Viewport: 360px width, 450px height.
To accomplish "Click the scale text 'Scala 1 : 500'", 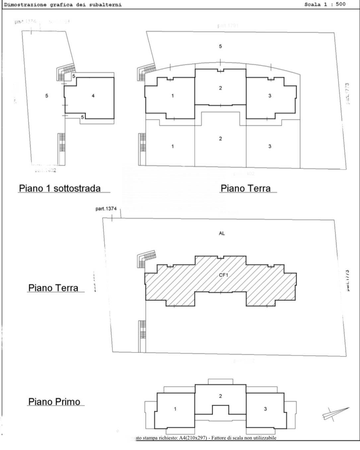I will coord(324,4).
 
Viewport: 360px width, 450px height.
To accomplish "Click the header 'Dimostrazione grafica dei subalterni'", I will coord(63,5).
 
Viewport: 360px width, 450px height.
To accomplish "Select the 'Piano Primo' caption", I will coord(54,402).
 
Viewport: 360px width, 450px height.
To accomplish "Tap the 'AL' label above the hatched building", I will coord(222,233).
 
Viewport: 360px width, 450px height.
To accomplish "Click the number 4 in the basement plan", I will coord(93,96).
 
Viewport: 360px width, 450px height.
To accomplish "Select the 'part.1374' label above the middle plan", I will coord(106,209).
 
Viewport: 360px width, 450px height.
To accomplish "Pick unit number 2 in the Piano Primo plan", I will coord(220,396).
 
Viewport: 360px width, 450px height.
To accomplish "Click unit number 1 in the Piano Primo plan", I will coord(175,409).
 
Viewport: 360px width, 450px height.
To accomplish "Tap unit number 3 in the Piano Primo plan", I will coord(265,409).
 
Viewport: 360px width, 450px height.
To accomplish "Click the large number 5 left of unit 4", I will coord(47,96).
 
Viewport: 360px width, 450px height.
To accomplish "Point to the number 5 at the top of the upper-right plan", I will coord(220,46).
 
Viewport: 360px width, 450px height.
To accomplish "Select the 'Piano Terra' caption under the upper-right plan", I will coord(246,188).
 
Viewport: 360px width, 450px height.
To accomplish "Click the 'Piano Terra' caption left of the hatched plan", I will coord(53,287).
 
